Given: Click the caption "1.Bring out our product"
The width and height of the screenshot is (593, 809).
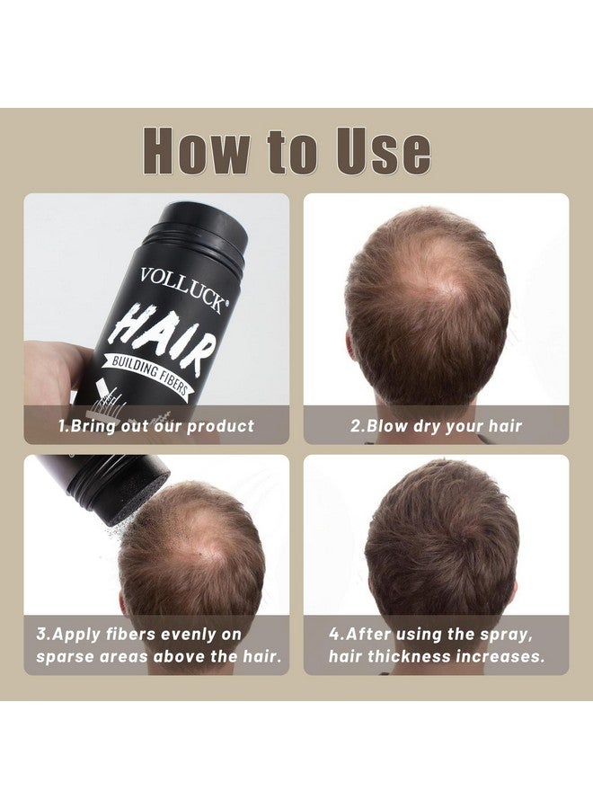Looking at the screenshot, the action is (x=156, y=426).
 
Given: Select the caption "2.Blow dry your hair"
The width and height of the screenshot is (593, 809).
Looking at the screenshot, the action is (x=437, y=426).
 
